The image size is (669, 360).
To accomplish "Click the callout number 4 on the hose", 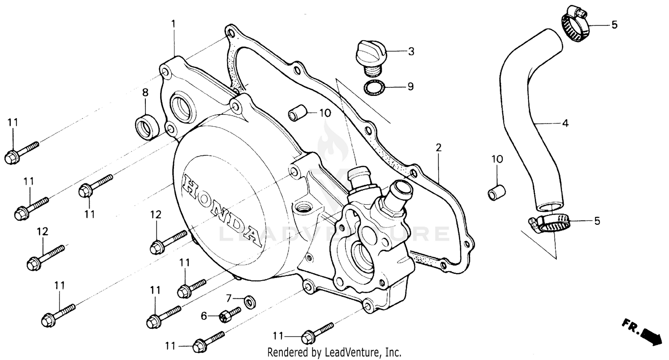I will point(565,123).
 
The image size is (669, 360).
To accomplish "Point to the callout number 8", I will point(145,92).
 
